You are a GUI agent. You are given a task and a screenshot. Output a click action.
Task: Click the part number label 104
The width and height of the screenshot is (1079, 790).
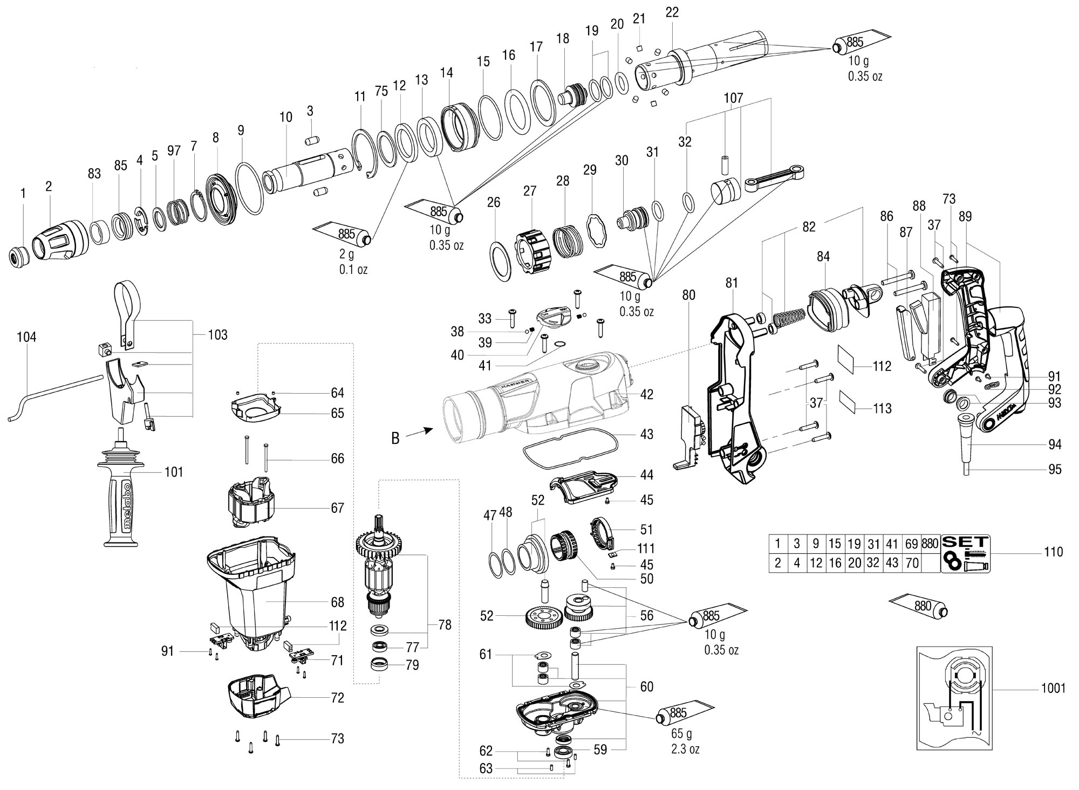pyautogui.click(x=26, y=338)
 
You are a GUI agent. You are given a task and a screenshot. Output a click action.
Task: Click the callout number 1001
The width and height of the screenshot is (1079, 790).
pyautogui.click(x=1053, y=688)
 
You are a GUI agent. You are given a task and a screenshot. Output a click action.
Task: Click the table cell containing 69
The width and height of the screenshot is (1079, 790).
pyautogui.click(x=911, y=543)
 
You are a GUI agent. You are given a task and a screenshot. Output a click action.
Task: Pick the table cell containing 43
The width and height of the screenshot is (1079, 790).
pyautogui.click(x=892, y=563)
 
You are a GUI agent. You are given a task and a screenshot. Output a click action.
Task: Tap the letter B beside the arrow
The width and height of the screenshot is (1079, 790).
pyautogui.click(x=395, y=438)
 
